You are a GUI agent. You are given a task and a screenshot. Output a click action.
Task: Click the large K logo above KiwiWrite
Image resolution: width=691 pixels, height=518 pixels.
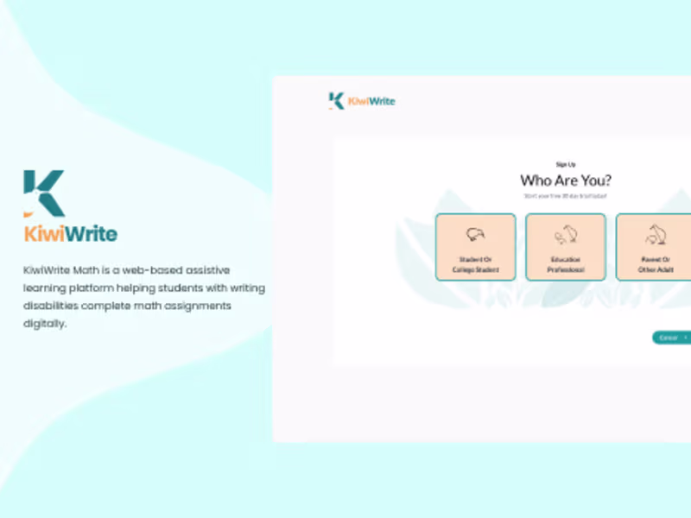point(44,193)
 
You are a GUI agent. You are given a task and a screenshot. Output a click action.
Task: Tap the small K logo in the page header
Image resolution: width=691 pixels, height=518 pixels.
point(336,100)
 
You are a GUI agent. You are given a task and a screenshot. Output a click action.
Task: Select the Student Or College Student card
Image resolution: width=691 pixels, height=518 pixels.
point(475,247)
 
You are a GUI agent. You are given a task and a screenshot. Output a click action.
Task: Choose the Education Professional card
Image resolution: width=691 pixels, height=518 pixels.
point(566,247)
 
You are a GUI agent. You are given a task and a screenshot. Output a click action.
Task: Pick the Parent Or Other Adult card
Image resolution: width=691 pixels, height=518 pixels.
point(654,247)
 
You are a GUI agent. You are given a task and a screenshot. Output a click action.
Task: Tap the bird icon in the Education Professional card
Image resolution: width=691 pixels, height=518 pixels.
point(566,234)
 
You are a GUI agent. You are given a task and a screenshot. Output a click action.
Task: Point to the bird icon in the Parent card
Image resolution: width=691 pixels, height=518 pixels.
point(654,234)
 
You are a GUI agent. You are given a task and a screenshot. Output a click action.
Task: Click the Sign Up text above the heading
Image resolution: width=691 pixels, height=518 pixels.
point(566,164)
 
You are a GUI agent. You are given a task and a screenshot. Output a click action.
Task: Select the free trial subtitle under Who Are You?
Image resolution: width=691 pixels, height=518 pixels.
point(566,196)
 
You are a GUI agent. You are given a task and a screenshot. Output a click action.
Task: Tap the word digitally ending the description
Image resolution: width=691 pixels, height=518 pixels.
point(44,325)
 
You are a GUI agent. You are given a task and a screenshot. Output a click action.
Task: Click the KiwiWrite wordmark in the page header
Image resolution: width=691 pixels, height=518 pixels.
point(371,101)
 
